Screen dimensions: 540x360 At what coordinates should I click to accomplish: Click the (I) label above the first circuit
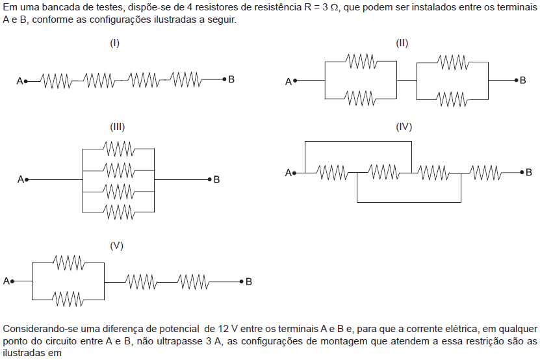click(114, 43)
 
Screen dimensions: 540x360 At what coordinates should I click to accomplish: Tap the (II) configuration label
click(402, 43)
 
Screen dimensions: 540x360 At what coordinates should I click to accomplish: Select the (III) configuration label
click(118, 127)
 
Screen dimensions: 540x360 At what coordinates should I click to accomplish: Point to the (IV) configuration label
click(404, 127)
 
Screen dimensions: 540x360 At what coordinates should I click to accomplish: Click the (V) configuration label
click(117, 246)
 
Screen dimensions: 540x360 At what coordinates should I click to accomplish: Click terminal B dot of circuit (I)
click(225, 79)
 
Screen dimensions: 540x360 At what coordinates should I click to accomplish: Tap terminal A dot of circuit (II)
click(295, 81)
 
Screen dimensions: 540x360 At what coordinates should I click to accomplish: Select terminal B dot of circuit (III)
click(209, 179)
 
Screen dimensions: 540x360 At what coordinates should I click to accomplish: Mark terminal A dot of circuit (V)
click(12, 281)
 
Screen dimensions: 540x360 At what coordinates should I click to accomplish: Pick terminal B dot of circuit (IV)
click(522, 172)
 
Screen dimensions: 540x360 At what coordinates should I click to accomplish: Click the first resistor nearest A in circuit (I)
click(56, 81)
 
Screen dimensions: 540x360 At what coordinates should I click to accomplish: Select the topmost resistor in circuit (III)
click(119, 148)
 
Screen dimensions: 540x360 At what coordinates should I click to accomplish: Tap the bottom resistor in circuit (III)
click(119, 212)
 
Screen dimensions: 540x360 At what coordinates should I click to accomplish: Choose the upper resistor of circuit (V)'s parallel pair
click(69, 263)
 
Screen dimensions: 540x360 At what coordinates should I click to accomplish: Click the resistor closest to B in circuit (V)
click(193, 282)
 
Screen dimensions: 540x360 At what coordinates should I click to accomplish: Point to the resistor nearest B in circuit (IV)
click(485, 173)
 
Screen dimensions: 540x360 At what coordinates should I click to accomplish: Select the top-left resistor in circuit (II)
click(361, 61)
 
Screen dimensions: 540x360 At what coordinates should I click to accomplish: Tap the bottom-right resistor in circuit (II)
click(452, 99)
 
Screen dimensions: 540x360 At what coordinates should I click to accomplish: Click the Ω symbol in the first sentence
click(334, 8)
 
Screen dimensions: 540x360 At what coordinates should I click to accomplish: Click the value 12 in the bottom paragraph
click(223, 329)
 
